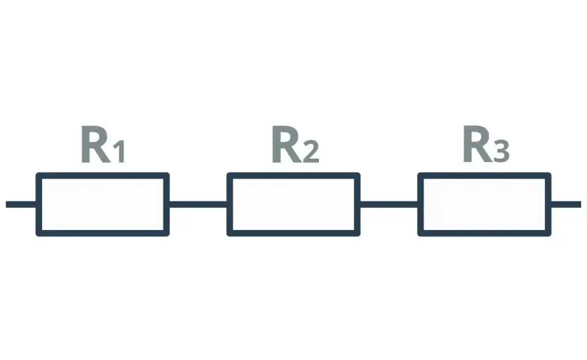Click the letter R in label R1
click(95, 144)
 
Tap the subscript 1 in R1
click(119, 151)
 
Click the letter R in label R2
click(287, 144)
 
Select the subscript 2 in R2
click(311, 151)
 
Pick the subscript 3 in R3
click(502, 151)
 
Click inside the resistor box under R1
click(103, 204)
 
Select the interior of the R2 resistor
click(293, 204)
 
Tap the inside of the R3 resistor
click(484, 204)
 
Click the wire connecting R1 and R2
click(198, 204)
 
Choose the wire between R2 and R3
click(389, 204)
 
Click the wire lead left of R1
click(21, 204)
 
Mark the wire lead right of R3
click(566, 204)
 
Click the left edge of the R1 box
click(39, 204)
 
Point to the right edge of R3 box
click(548, 204)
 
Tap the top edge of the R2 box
click(293, 175)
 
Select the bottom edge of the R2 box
click(293, 233)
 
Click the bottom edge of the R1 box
click(103, 233)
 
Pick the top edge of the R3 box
click(484, 175)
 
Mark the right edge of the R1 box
click(167, 204)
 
